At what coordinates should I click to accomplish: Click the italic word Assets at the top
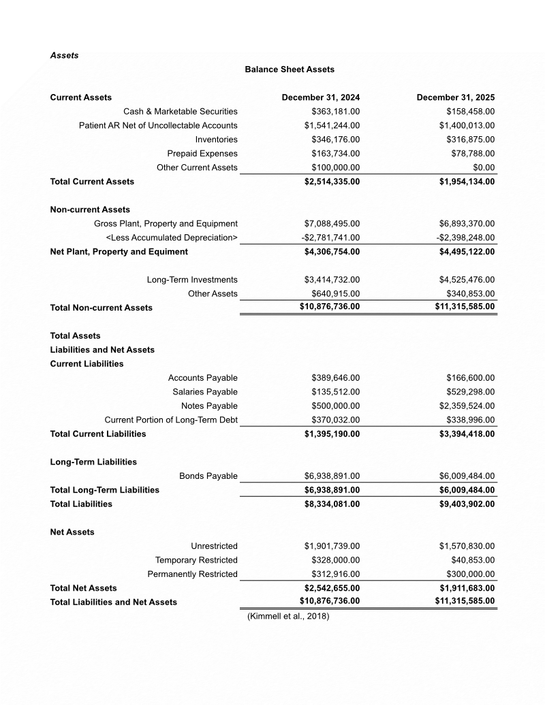64,55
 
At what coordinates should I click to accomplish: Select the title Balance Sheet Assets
290,69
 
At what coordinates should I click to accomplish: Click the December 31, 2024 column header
321,97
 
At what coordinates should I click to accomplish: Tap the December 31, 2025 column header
456,97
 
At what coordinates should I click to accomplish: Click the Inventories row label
216,140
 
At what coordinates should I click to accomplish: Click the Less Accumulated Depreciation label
172,238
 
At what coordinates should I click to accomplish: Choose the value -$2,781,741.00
330,238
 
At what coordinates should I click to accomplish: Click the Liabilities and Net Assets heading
102,350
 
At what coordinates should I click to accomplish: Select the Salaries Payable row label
205,392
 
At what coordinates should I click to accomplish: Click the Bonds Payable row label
208,476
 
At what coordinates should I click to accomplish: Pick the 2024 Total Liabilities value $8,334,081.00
332,504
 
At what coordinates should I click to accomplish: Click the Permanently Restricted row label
192,574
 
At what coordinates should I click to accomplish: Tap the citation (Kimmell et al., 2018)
288,616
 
